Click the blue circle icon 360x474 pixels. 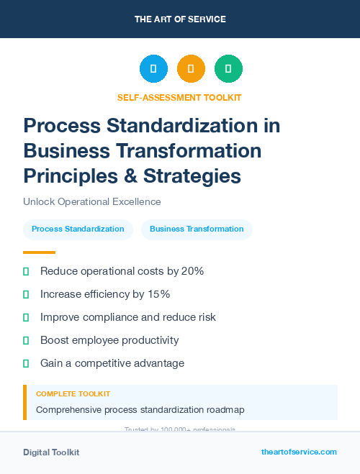153,69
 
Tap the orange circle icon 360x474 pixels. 191,69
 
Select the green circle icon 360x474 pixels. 228,69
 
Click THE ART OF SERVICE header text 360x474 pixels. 180,19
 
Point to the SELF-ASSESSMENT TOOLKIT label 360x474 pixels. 179,98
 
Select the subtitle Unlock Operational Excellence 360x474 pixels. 92,202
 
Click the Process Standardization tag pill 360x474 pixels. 78,229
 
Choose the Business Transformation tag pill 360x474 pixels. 197,229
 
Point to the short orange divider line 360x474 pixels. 39,252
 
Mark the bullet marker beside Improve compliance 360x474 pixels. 26,317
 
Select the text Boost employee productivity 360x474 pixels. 109,340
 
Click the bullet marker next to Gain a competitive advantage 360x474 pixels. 26,363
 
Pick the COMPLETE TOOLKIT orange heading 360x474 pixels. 73,394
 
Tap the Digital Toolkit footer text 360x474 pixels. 51,452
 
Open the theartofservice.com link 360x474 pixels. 299,452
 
